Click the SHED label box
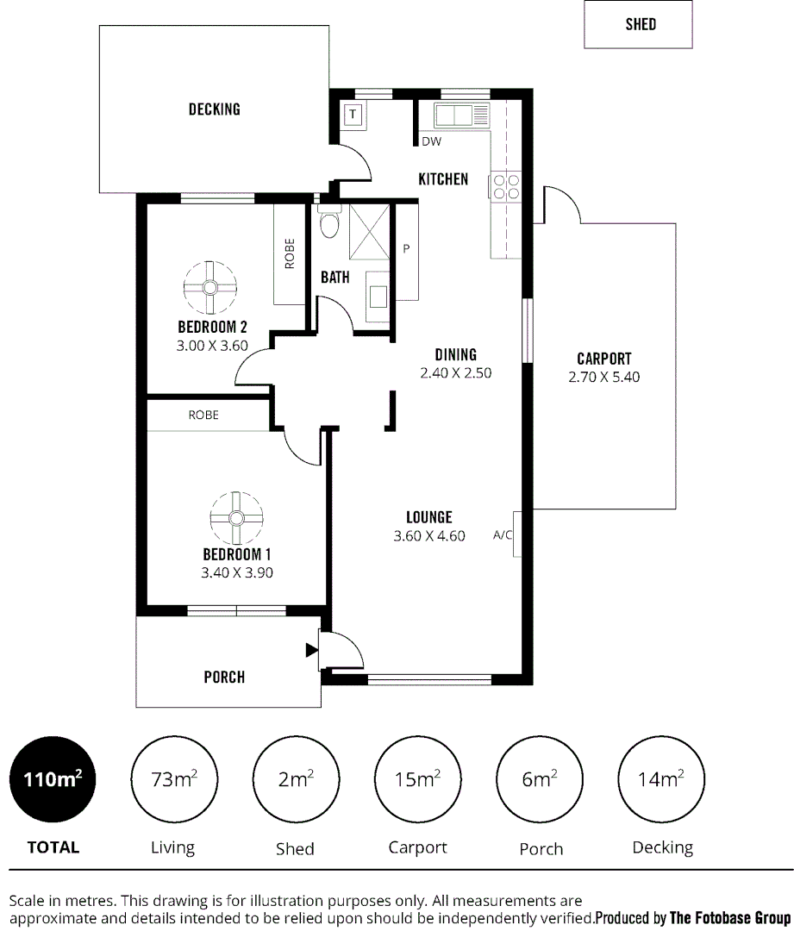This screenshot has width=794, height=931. (x=638, y=25)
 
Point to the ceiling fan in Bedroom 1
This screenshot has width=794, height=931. (x=235, y=517)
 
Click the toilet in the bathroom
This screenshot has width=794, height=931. (x=328, y=226)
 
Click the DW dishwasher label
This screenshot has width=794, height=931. (x=431, y=142)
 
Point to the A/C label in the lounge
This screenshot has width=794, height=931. (x=503, y=535)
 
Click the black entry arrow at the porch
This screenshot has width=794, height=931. (x=311, y=651)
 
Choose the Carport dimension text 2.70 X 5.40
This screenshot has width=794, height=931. (x=603, y=377)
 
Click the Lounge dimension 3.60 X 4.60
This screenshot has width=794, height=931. (x=429, y=535)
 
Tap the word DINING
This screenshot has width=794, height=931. (x=455, y=354)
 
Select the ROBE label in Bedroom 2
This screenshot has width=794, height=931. (x=290, y=253)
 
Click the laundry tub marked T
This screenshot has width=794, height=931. (x=353, y=114)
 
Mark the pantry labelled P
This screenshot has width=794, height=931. (x=405, y=250)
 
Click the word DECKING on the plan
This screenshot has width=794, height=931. (x=214, y=109)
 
